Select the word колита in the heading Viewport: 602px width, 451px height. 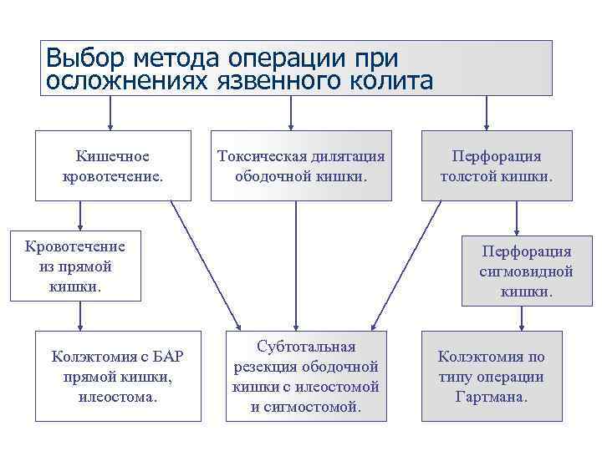pos(392,81)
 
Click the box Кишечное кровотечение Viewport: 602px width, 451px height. pos(112,166)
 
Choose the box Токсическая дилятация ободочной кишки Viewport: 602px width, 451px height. pos(301,166)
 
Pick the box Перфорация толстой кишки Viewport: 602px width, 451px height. pos(497,166)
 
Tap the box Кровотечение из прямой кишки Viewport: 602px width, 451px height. pos(75,266)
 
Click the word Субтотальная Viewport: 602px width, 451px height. pos(306,347)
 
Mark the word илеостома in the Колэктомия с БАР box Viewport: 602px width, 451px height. pos(117,396)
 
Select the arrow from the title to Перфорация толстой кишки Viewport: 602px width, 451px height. pos(487,113)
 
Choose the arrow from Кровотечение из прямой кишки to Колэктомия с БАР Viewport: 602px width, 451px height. pos(80,316)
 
